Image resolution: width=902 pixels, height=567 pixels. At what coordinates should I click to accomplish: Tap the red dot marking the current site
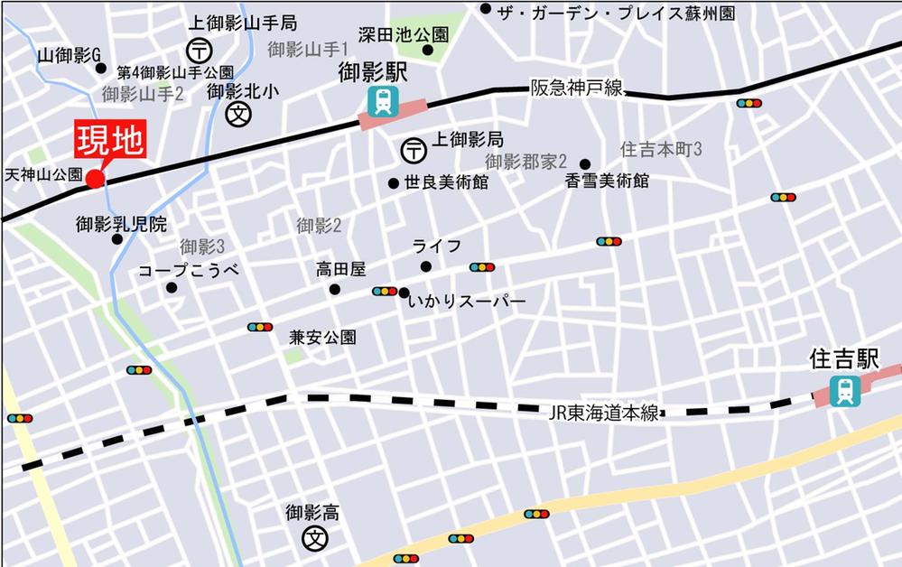click(95, 179)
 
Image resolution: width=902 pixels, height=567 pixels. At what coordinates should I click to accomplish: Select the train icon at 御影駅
click(385, 102)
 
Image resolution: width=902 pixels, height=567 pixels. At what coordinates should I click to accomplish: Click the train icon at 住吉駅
click(844, 391)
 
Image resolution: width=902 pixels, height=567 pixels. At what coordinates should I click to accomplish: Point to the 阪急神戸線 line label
click(575, 88)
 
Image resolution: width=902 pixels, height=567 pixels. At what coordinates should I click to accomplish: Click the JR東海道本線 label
click(603, 414)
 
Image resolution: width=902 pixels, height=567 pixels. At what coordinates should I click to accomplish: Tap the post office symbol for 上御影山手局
click(199, 51)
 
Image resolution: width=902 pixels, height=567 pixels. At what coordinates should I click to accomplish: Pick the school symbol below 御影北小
click(239, 115)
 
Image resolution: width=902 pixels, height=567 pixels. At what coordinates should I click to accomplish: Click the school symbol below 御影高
click(315, 539)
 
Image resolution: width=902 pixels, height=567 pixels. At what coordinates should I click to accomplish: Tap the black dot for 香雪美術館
click(585, 164)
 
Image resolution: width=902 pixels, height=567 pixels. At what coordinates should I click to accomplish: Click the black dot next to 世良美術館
click(393, 183)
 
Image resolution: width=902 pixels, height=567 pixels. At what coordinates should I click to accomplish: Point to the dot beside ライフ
click(425, 266)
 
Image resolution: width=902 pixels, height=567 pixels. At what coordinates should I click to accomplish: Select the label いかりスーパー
click(466, 302)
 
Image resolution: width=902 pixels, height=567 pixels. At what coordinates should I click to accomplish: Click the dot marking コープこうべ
click(172, 288)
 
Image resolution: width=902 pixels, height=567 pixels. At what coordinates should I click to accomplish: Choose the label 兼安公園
click(322, 338)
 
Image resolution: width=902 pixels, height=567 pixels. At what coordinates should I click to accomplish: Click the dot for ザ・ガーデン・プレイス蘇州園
click(486, 9)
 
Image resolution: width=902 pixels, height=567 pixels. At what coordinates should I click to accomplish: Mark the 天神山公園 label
click(43, 172)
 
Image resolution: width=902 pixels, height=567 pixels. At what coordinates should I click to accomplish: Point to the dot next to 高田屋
click(335, 290)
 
